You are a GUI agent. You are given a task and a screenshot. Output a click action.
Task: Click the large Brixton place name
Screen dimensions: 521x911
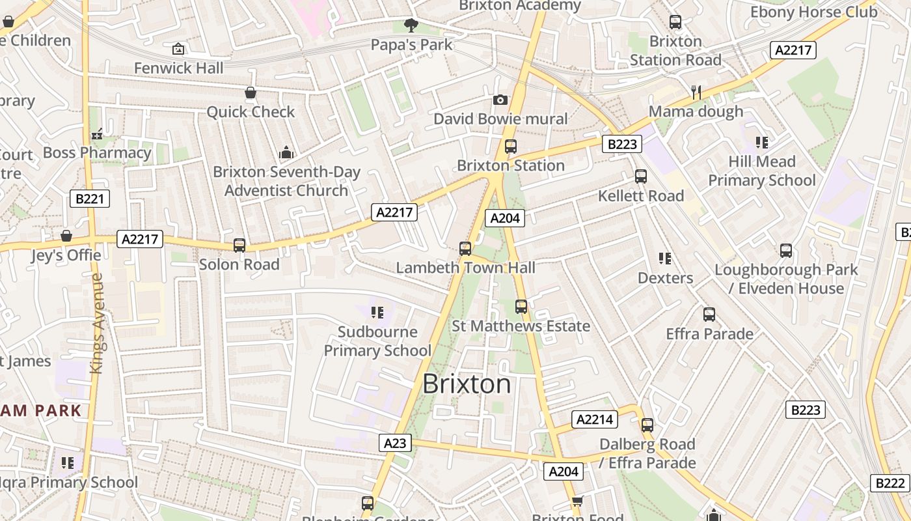click(467, 384)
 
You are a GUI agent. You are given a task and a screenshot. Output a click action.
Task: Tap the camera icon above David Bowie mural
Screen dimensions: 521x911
click(500, 100)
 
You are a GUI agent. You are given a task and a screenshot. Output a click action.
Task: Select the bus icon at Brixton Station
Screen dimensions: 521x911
click(511, 147)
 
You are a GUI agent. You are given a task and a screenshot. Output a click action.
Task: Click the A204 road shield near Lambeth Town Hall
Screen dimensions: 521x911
click(505, 218)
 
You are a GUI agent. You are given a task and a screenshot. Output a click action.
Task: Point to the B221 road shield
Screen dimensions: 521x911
click(90, 199)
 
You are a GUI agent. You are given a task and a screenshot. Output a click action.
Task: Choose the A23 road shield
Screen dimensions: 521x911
click(395, 444)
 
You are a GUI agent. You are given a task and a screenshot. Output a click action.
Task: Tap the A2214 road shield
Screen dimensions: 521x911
click(595, 419)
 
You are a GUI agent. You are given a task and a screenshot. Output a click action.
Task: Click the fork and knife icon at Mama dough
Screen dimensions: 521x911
click(696, 92)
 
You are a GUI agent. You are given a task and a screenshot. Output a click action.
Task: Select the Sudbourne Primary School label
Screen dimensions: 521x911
click(377, 341)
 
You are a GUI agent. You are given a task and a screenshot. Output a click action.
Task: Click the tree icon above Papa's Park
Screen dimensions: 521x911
click(411, 25)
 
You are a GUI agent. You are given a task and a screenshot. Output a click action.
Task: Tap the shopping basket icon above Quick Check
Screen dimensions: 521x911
click(251, 93)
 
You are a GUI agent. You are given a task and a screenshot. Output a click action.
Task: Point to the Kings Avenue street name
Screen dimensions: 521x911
click(98, 323)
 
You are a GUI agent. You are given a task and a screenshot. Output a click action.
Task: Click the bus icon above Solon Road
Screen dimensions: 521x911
click(239, 246)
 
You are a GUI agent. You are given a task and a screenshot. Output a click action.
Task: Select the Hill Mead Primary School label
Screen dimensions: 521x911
click(762, 171)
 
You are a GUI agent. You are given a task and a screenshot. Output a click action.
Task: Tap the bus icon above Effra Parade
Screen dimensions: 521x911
click(709, 315)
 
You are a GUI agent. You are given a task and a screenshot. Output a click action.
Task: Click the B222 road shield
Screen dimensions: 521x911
click(890, 483)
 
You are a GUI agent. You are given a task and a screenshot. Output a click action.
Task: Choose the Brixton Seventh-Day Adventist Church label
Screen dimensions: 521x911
click(286, 182)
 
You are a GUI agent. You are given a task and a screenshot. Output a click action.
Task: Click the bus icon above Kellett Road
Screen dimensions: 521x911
click(641, 176)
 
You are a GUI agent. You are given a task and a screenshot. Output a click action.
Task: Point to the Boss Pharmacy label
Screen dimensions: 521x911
click(97, 153)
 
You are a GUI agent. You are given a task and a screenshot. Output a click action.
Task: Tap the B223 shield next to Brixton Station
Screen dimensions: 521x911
click(621, 144)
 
